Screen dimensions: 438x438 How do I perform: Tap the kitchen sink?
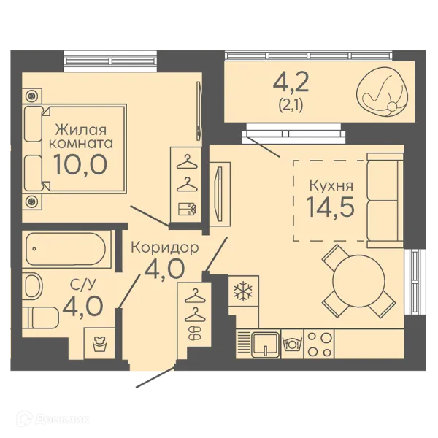[x=266, y=345]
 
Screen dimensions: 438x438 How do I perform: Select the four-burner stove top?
[x=319, y=344]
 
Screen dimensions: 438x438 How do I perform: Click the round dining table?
[x=358, y=281]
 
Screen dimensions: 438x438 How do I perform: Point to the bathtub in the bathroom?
[x=66, y=249]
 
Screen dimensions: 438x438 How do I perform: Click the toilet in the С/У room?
[x=40, y=318]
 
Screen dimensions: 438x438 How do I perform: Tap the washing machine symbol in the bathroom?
[x=100, y=344]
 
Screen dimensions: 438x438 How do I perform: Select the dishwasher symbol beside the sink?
[x=292, y=344]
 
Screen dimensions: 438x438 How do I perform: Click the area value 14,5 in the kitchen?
[x=331, y=207]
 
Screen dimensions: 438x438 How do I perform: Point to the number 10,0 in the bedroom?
[x=80, y=164]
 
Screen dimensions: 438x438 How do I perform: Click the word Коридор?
[x=165, y=247]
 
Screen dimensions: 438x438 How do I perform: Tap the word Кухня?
[x=331, y=185]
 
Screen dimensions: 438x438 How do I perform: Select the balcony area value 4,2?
[x=291, y=82]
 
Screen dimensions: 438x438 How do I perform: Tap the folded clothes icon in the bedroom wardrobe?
[x=187, y=209]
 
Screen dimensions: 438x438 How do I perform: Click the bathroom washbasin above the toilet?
[x=33, y=286]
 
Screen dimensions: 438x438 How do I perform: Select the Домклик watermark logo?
[x=53, y=419]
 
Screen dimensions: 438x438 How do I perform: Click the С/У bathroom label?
[x=83, y=285]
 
